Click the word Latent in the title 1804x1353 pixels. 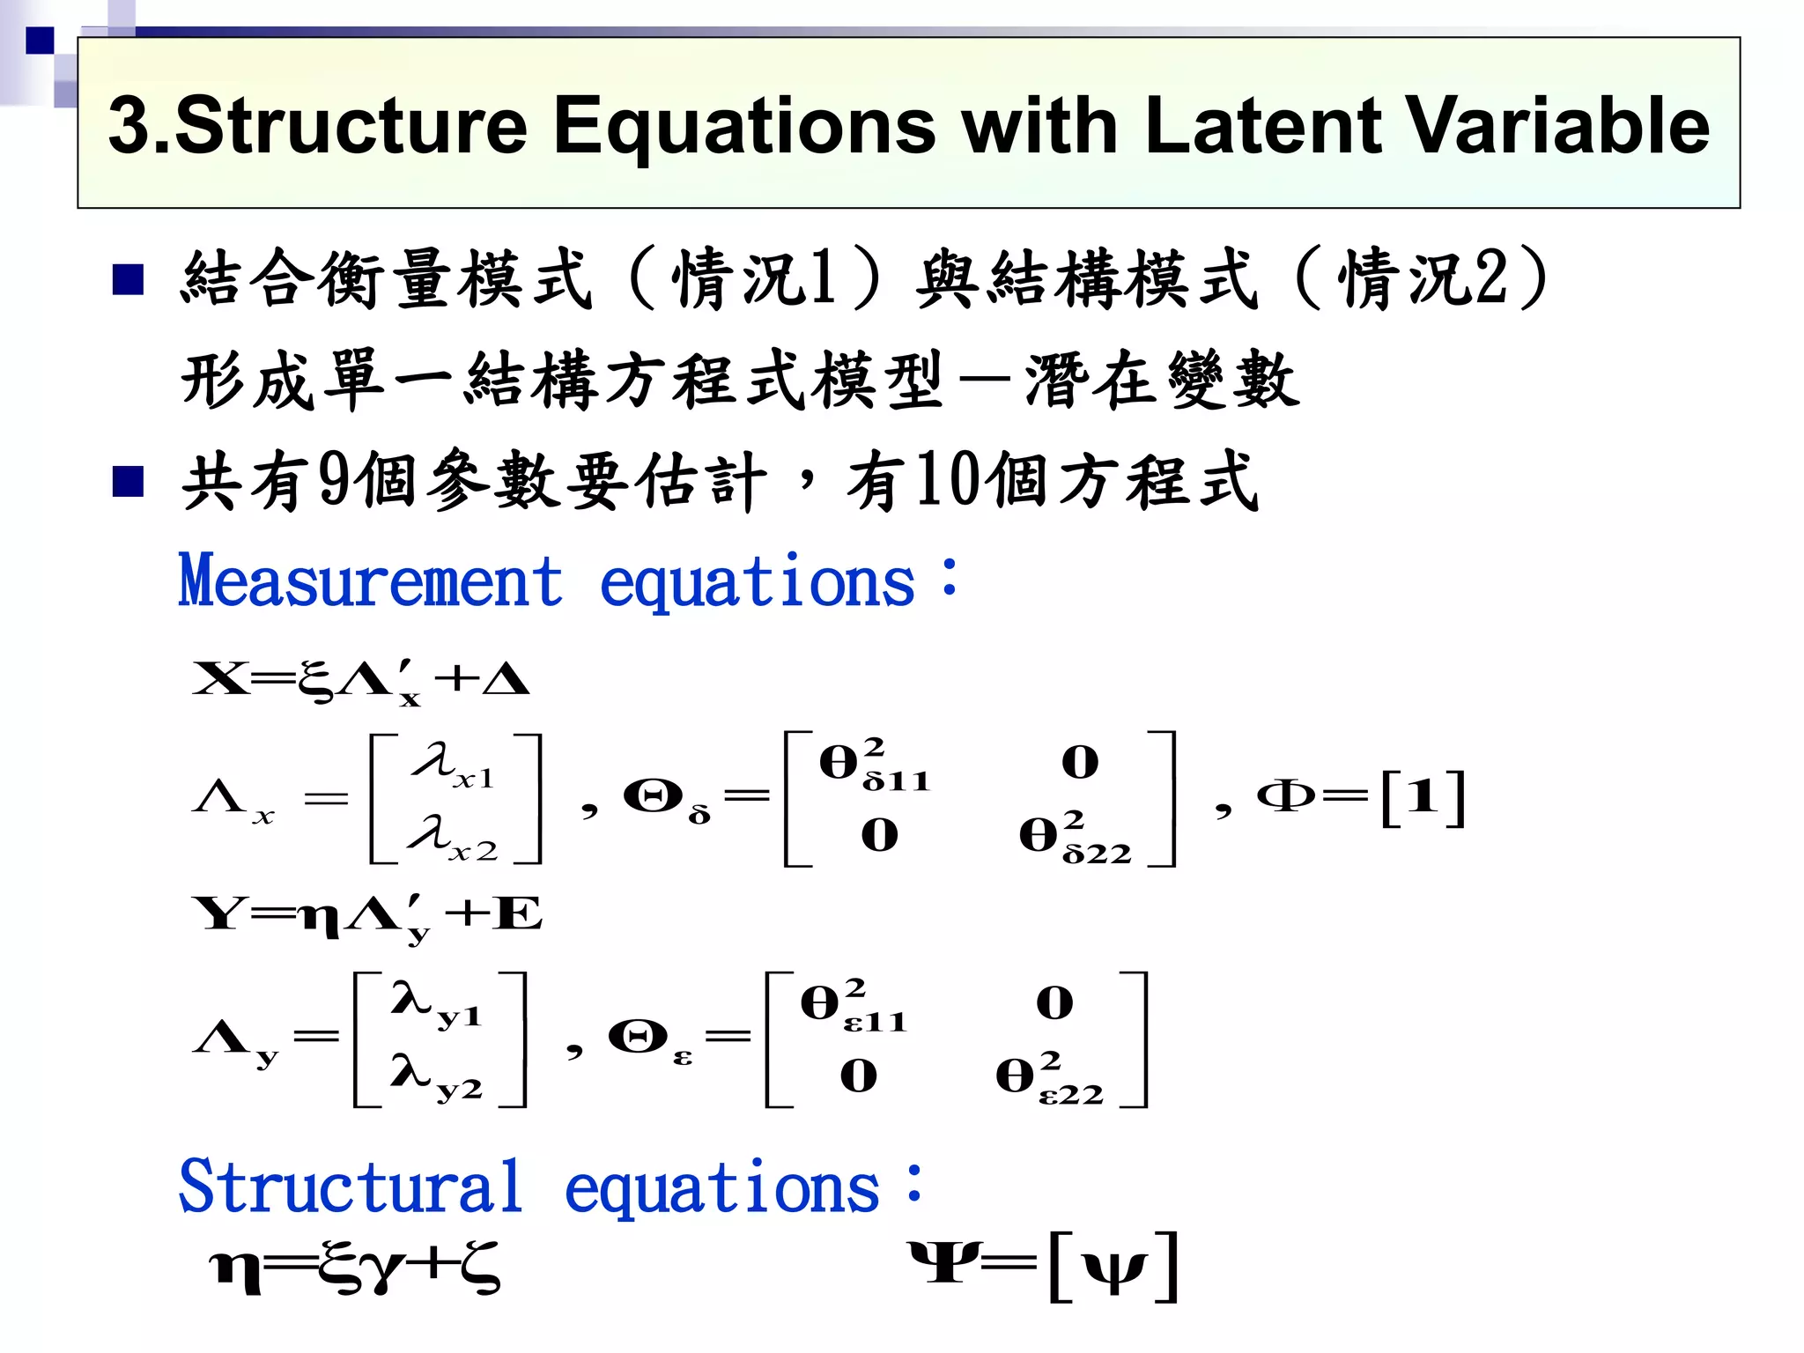click(x=1265, y=125)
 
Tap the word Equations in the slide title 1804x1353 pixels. click(x=744, y=125)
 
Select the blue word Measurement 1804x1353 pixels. click(x=371, y=581)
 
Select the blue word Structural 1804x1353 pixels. click(x=351, y=1187)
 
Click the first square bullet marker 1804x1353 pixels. click(x=129, y=279)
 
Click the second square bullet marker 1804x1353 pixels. click(x=129, y=481)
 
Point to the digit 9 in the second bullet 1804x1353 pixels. click(x=335, y=480)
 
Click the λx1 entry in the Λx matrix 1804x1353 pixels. click(x=453, y=765)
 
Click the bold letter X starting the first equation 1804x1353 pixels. click(x=220, y=679)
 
